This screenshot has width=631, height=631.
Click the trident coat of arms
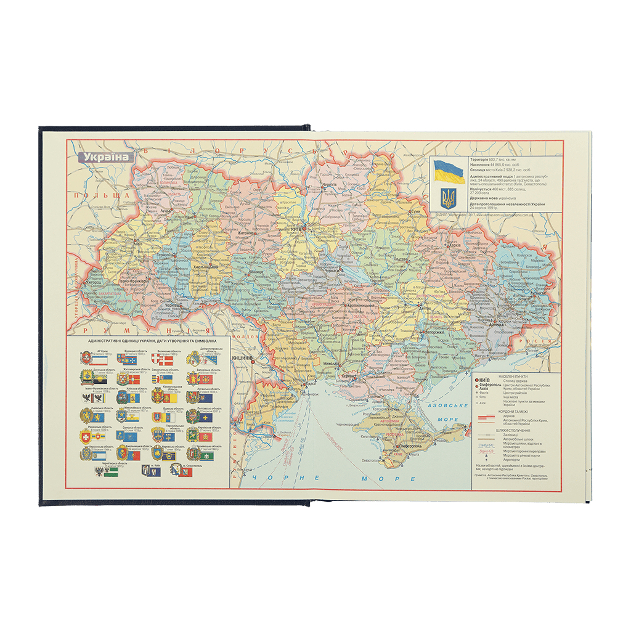(448, 197)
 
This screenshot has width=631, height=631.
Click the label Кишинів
(242, 357)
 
